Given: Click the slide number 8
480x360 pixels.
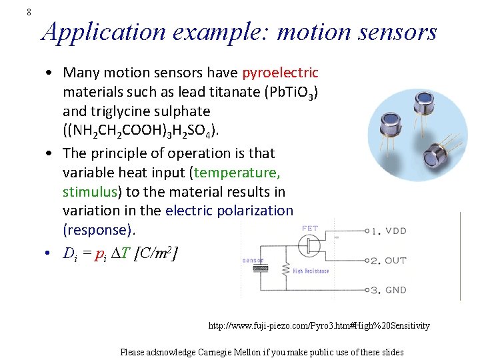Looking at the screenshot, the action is (x=29, y=11).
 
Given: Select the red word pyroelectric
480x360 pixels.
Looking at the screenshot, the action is (x=281, y=72).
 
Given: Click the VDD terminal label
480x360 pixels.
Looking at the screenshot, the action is (x=395, y=231).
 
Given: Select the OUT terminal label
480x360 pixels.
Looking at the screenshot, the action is (x=395, y=261).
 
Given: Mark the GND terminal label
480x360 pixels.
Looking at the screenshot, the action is (x=395, y=290).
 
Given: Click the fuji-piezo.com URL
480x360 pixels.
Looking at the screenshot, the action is (x=319, y=326).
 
